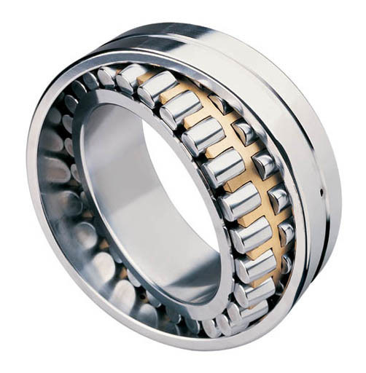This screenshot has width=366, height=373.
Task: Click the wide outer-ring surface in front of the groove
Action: [x=292, y=95]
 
